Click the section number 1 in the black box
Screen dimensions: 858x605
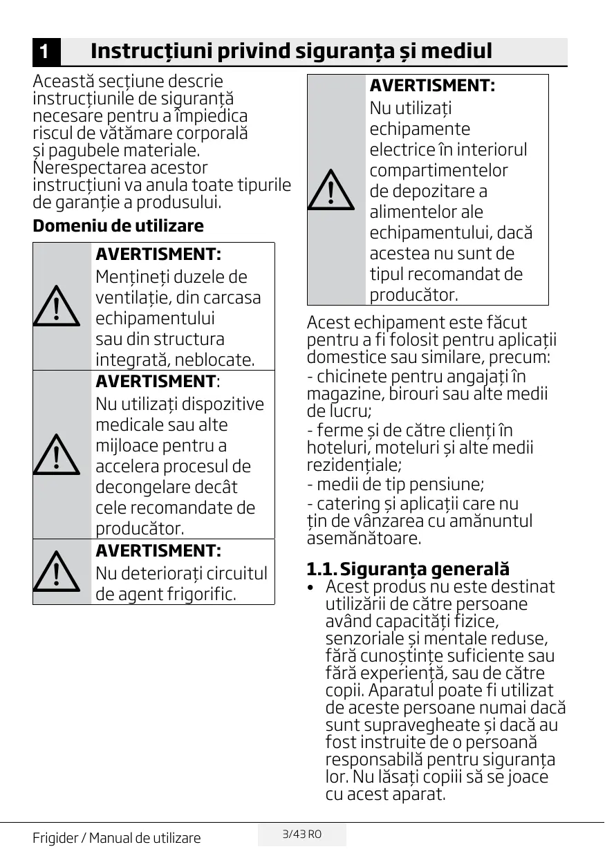point(43,52)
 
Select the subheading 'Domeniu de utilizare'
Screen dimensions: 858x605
point(118,226)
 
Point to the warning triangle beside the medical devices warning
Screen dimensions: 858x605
point(56,454)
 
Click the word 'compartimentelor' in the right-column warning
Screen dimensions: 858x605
point(438,171)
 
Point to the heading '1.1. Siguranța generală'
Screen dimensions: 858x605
point(408,569)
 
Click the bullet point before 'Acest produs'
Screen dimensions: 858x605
point(313,587)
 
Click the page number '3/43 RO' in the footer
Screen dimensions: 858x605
point(302,834)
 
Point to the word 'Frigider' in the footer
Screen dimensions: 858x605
point(55,839)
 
